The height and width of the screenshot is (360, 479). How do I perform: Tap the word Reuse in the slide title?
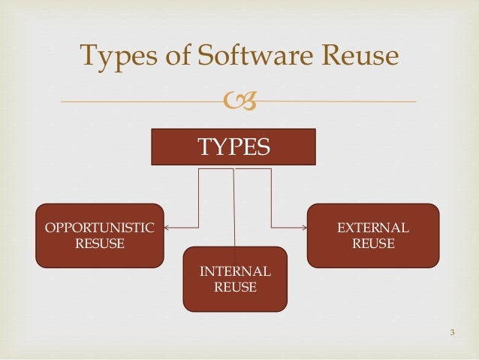click(354, 56)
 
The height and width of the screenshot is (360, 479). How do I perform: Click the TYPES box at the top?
click(233, 147)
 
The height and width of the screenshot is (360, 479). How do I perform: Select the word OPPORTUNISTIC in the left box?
click(100, 228)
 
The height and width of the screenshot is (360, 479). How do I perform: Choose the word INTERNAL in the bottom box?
click(235, 271)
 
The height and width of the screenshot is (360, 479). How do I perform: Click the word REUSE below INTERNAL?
click(235, 287)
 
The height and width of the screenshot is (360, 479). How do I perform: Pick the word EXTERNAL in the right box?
click(372, 228)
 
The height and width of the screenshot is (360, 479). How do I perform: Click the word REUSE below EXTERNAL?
click(372, 244)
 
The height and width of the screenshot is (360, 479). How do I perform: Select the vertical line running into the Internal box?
click(234, 207)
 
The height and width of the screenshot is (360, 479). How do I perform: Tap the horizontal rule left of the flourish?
click(143, 101)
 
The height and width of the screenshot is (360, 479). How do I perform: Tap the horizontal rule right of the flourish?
click(338, 101)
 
